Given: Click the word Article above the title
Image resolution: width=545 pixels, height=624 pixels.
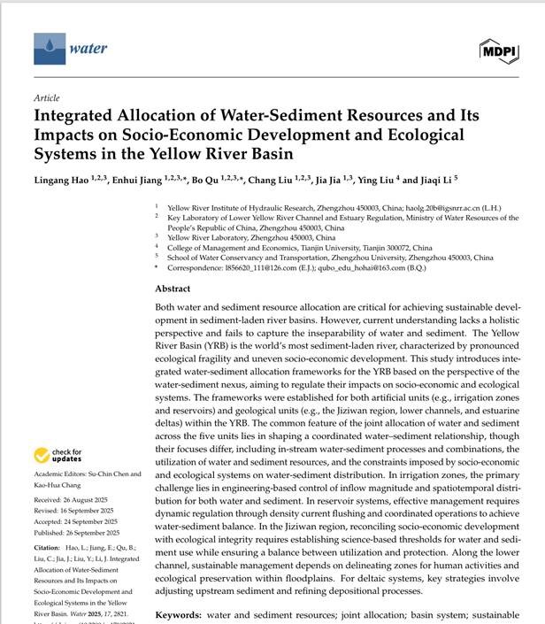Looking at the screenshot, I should [46, 98].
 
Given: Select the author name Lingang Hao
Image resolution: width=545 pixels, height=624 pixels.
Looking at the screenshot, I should [69, 180].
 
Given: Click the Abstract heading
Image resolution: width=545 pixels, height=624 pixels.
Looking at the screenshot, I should [173, 289].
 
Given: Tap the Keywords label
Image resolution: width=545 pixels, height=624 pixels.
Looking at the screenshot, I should [183, 614].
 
